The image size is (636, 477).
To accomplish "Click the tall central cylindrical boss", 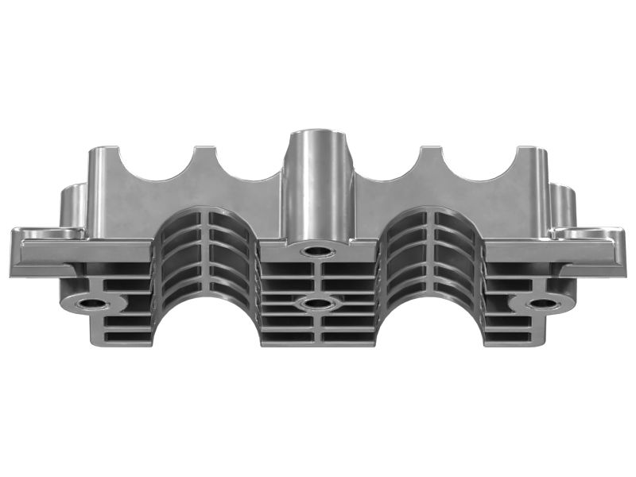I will coord(318,187).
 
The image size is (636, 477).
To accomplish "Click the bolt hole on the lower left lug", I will coord(94,304).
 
